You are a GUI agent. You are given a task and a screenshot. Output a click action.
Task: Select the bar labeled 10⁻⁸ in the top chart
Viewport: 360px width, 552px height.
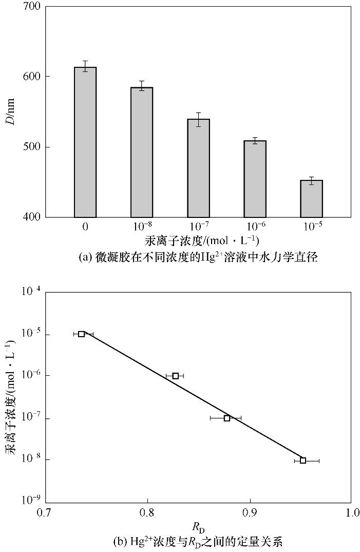(x=142, y=153)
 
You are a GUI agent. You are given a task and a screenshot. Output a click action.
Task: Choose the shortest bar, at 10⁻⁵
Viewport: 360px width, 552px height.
(x=311, y=199)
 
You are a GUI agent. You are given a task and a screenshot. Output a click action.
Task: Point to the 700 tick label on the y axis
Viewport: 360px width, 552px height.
(x=33, y=7)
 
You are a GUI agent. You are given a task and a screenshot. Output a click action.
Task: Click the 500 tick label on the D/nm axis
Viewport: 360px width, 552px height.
(x=33, y=147)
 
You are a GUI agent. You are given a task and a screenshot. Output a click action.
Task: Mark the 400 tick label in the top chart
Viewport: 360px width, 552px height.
(x=33, y=217)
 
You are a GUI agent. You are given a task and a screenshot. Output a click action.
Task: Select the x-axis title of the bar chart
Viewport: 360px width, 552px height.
(x=198, y=241)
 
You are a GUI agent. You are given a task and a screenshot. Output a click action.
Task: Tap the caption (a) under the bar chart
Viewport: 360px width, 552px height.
(x=198, y=257)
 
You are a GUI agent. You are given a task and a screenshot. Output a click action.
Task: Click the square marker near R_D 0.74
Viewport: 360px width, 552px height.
(x=82, y=334)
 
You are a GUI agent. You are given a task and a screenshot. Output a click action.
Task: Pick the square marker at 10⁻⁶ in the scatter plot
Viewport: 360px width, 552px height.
(x=176, y=376)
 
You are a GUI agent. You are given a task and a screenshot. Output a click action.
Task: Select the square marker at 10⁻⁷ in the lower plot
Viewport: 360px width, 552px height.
(x=227, y=418)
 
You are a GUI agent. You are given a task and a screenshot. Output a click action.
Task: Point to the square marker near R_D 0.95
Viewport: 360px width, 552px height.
(x=303, y=461)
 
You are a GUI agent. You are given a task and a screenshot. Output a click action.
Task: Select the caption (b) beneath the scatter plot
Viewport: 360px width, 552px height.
(x=198, y=541)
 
